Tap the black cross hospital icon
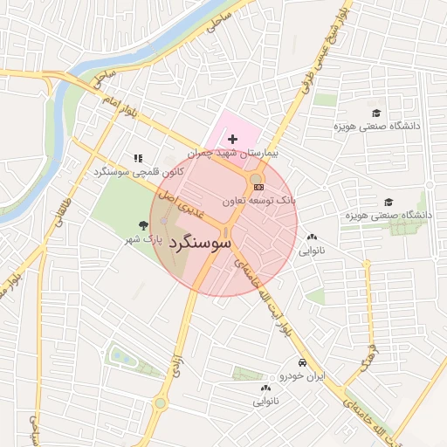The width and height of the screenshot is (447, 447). [233, 139]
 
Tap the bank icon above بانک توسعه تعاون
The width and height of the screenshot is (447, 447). [258, 187]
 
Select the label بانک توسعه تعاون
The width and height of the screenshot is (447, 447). [259, 201]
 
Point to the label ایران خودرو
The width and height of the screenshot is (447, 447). [301, 376]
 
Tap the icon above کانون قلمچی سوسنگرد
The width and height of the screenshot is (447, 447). [138, 159]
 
